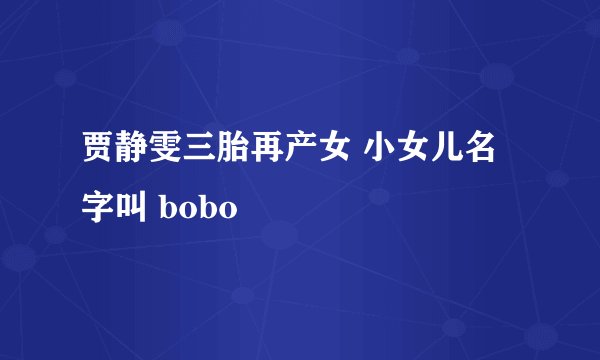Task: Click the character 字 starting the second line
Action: tap(98, 207)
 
